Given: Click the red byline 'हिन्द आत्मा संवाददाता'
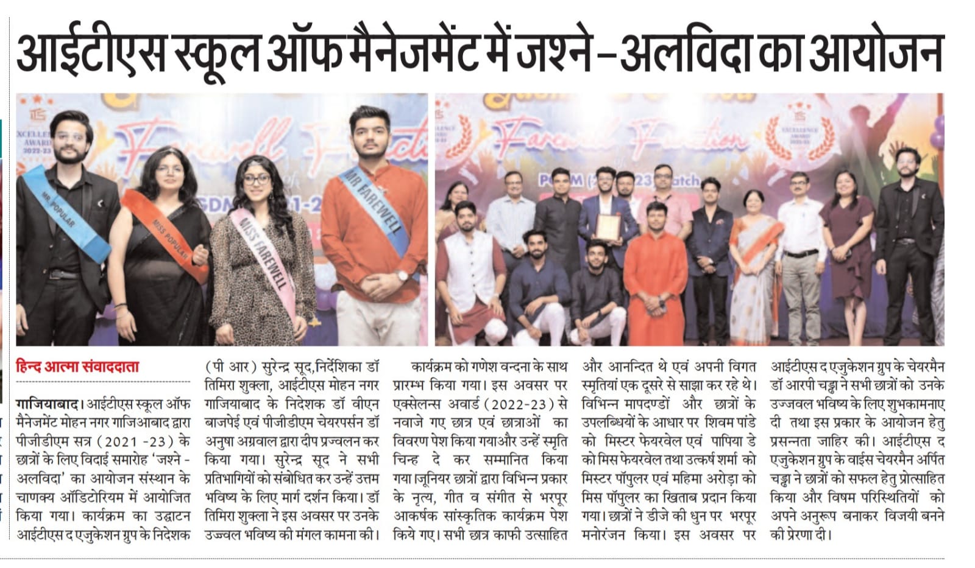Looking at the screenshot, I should tap(78, 366).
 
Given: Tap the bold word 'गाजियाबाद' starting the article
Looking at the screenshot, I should tap(48, 404).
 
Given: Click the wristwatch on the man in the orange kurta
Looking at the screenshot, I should tap(402, 275).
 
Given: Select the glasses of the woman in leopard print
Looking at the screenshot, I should tap(257, 180).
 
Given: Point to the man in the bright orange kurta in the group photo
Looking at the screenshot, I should tap(655, 268).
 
